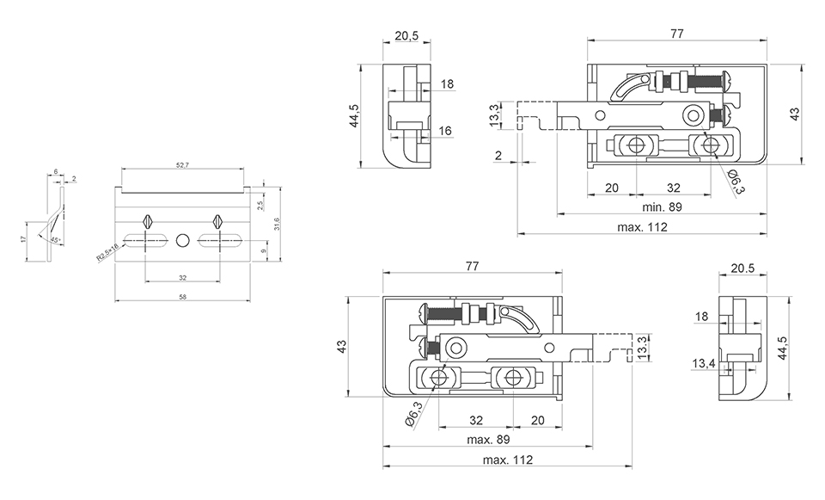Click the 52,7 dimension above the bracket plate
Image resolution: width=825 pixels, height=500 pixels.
pyautogui.click(x=181, y=164)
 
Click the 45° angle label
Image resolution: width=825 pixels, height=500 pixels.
pyautogui.click(x=55, y=239)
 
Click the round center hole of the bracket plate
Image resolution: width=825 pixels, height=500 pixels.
pyautogui.click(x=182, y=239)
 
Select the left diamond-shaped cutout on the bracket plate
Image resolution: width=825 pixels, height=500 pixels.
pyautogui.click(x=148, y=220)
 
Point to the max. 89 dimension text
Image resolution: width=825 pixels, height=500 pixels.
pyautogui.click(x=488, y=440)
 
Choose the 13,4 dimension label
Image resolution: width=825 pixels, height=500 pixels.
pyautogui.click(x=703, y=364)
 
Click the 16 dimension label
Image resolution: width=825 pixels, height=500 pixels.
pyautogui.click(x=445, y=131)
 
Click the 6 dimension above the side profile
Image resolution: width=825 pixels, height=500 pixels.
pyautogui.click(x=56, y=172)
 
